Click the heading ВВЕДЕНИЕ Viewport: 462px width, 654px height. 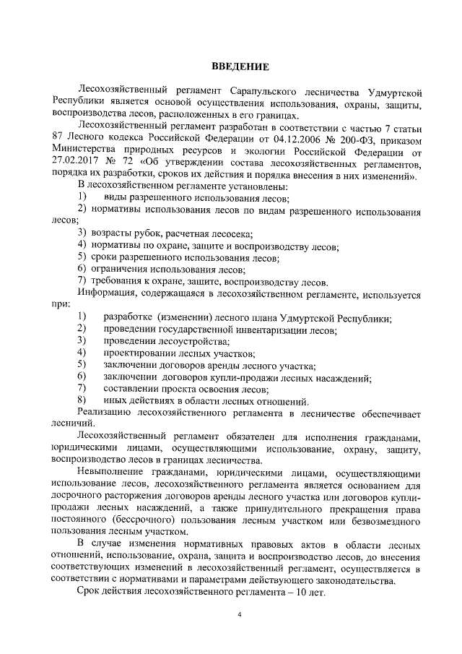(240, 67)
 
